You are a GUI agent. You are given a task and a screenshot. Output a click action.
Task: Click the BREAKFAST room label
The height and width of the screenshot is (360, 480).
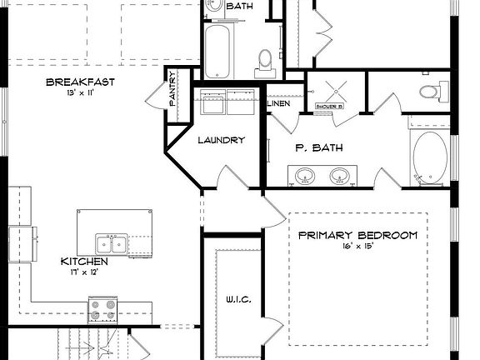click(x=80, y=82)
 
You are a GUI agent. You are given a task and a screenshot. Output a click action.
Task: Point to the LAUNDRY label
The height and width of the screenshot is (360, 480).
click(x=221, y=140)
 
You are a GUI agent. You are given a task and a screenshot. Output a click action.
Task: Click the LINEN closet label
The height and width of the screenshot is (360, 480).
click(x=278, y=103)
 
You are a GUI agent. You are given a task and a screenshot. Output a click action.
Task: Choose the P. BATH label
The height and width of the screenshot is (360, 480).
click(x=315, y=147)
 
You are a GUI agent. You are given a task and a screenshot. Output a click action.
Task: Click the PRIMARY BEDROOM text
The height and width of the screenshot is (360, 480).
click(x=357, y=235)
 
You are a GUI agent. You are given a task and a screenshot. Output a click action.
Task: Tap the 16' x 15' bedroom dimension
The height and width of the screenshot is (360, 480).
click(x=357, y=247)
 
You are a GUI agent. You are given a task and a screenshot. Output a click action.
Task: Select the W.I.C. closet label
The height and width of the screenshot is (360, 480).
click(x=239, y=299)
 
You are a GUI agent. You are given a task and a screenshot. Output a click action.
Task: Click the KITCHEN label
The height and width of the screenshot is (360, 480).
click(x=83, y=261)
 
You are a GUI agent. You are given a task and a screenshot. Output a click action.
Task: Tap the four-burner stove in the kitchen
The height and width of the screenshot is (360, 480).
click(x=105, y=309)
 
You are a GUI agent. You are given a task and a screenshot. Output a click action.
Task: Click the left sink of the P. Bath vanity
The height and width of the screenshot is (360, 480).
click(x=302, y=176)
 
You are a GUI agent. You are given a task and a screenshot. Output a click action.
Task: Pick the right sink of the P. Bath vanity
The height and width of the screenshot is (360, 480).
click(x=338, y=176)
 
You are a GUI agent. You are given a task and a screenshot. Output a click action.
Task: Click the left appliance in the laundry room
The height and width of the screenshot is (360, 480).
click(x=212, y=104)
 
